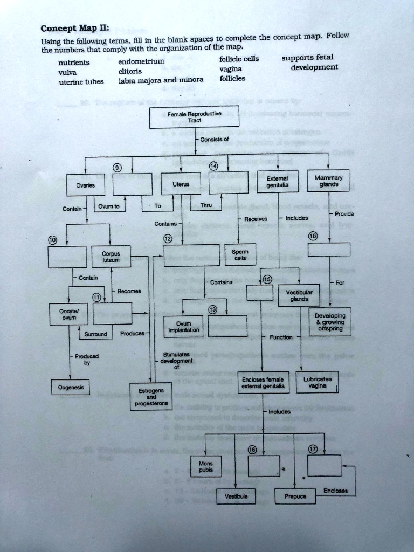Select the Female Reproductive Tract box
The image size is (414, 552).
(x=195, y=117)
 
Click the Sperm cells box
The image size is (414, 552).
(x=240, y=254)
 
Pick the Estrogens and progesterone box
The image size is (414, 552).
(x=151, y=395)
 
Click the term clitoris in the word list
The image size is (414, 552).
(x=130, y=71)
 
